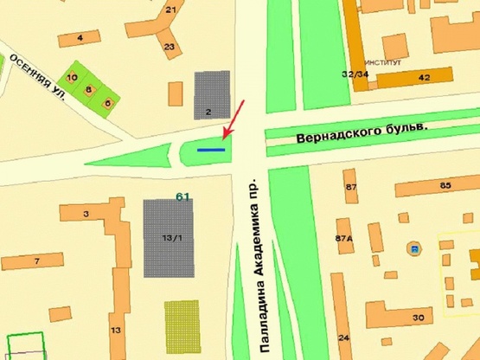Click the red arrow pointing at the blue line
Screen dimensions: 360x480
coord(234,119)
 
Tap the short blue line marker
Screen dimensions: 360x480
coord(211,150)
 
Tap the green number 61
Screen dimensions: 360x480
coord(182,196)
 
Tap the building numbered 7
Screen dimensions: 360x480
coord(36,260)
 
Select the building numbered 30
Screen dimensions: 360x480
coord(418,317)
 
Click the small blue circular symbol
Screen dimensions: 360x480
coord(415,250)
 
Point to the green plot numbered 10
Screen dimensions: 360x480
coord(73,76)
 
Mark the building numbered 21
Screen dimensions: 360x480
coord(170,11)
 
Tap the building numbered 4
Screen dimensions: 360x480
coord(80,38)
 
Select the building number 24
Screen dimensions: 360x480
coord(344,336)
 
